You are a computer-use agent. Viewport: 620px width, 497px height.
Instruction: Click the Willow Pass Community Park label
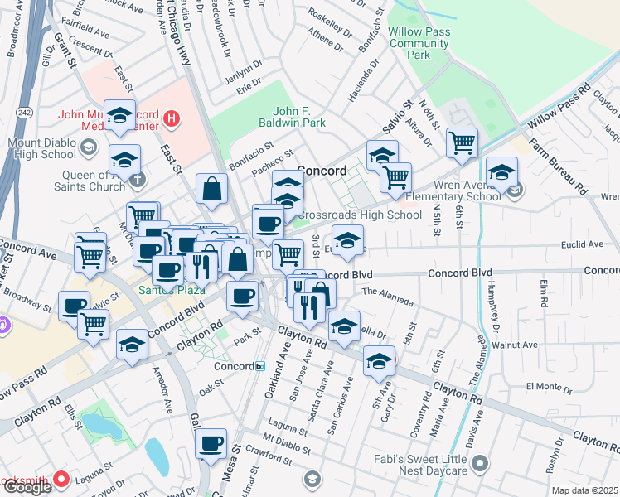420,42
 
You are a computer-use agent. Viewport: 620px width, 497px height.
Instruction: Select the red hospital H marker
172,118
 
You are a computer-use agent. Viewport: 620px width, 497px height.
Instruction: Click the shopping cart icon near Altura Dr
462,142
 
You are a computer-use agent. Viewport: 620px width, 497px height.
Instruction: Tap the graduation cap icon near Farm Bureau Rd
501,172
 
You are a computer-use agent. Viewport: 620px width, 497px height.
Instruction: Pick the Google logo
27,487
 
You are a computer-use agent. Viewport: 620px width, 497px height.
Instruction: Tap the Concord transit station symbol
259,366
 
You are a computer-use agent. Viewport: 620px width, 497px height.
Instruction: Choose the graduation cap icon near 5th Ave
379,360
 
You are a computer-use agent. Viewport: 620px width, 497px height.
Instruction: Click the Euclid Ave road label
584,244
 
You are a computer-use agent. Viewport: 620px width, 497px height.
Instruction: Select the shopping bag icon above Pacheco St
212,188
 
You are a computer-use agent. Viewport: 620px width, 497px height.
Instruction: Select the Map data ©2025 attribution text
585,490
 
